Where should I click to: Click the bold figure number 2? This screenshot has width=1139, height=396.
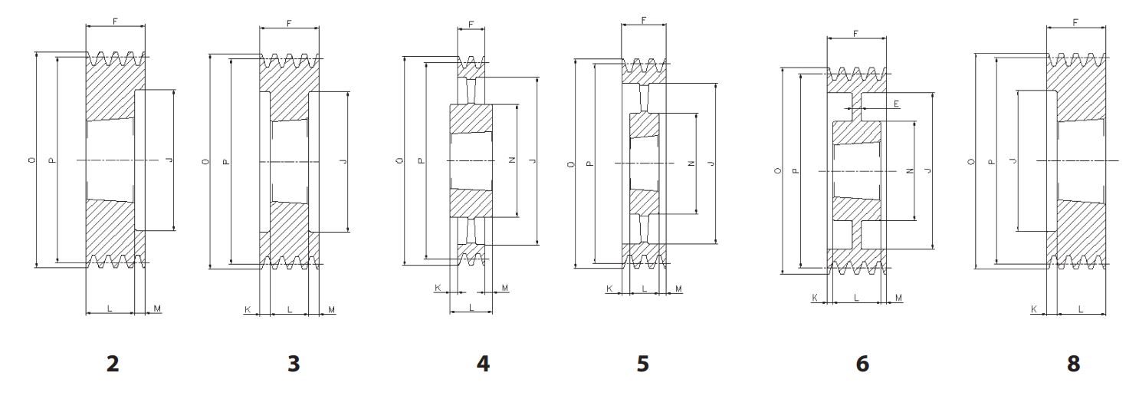(113, 364)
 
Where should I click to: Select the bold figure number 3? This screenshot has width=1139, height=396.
(294, 364)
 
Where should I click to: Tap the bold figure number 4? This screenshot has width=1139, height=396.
(483, 364)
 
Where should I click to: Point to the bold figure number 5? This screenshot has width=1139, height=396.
(643, 364)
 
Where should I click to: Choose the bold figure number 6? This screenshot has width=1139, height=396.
(862, 364)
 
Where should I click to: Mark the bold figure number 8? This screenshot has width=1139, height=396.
(1073, 364)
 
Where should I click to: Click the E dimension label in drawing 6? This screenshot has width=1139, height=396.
(897, 104)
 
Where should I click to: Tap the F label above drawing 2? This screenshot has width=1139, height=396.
(115, 21)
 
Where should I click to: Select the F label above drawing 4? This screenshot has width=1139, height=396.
(471, 24)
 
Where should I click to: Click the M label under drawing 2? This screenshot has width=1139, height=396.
(157, 308)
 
